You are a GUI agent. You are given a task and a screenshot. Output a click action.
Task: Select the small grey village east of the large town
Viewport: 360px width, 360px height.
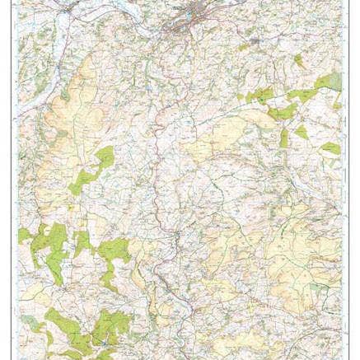255,39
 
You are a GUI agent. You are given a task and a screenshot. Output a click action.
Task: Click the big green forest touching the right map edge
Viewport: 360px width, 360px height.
328,82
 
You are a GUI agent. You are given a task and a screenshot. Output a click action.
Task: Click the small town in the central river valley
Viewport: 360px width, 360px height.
175,239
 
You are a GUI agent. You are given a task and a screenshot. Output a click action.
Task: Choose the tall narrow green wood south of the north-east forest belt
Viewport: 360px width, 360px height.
284,137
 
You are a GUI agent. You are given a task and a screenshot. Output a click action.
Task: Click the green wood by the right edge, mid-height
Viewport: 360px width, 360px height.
330,148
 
